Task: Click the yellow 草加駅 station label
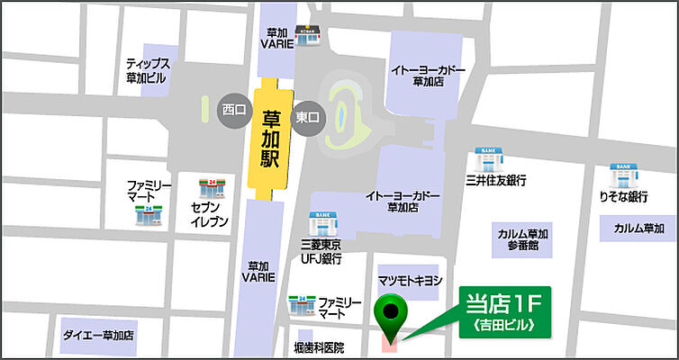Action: pyautogui.click(x=270, y=141)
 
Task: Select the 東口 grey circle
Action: pyautogui.click(x=307, y=116)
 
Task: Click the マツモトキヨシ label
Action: pyautogui.click(x=410, y=281)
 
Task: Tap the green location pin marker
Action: pyautogui.click(x=390, y=316)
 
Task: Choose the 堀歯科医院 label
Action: pyautogui.click(x=320, y=346)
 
